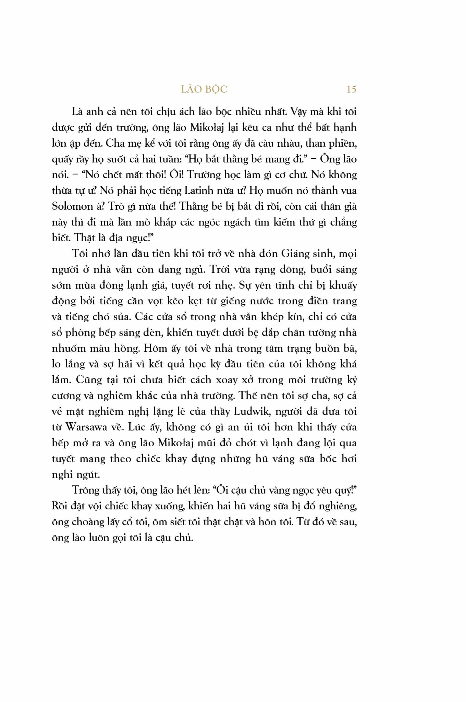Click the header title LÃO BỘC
[x=204, y=89]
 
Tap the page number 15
[x=351, y=89]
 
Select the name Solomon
[x=72, y=206]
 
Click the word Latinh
[x=199, y=191]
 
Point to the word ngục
[x=138, y=238]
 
